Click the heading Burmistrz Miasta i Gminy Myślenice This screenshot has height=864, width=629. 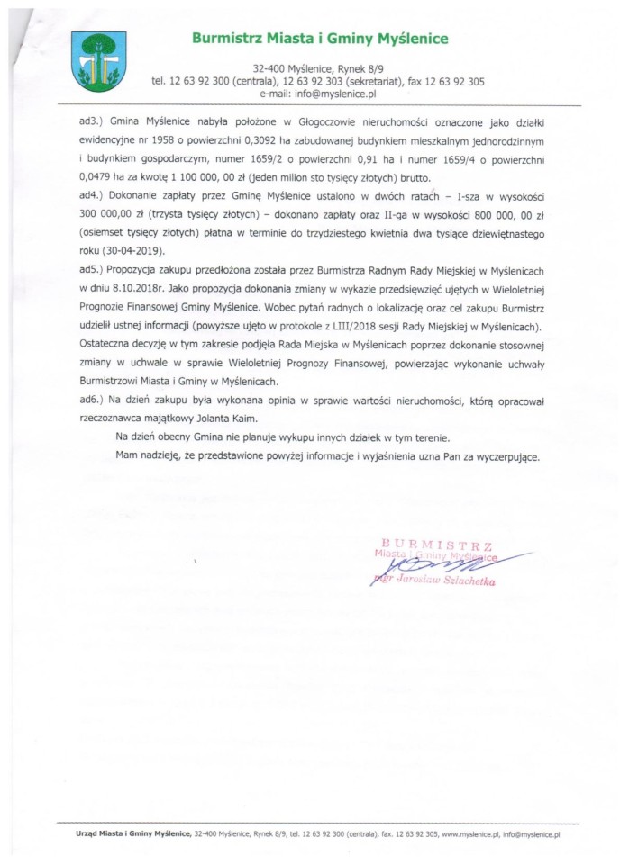click(319, 39)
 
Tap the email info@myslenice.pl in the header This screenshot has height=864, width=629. click(317, 93)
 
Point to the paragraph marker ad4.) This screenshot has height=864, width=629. click(90, 194)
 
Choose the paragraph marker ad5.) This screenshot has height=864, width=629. click(90, 270)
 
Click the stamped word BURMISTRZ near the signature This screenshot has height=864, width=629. click(437, 544)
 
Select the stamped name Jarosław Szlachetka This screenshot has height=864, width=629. click(446, 582)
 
